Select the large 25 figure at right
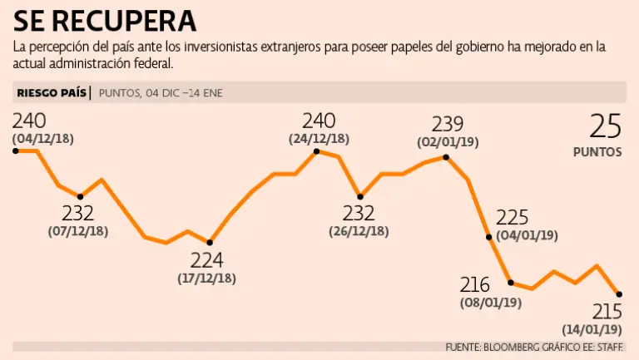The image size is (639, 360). [x=606, y=126]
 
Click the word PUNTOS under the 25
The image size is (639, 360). [x=597, y=153]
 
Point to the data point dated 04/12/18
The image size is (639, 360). [x=15, y=150]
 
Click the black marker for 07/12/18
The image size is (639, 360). [x=80, y=196]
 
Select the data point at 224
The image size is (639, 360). [x=209, y=242]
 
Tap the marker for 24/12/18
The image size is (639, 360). [x=317, y=151]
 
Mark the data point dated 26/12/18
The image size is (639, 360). [x=359, y=195]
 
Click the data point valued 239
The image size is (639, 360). [x=448, y=156]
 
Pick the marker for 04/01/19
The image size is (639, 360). [x=488, y=237]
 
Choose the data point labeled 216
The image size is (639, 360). [x=510, y=283]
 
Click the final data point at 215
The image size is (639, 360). [x=619, y=293]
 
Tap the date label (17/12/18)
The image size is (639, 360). [x=206, y=279]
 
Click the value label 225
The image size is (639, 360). [x=513, y=218]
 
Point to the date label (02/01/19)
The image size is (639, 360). [x=448, y=142]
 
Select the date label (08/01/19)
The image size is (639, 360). [x=490, y=303]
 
